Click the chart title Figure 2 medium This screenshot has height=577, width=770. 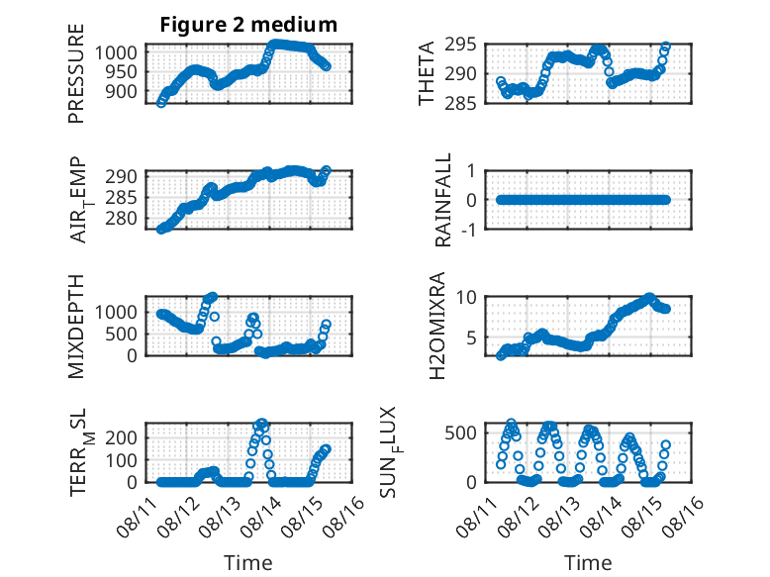[248, 24]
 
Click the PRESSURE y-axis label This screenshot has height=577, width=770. [76, 73]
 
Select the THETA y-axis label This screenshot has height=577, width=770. [427, 73]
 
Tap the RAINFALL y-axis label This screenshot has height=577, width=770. [443, 200]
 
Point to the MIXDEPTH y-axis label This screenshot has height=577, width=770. [76, 327]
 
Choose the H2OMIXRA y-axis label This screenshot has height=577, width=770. [437, 326]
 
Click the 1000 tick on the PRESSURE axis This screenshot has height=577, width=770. [116, 52]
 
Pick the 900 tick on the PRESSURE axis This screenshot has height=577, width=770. [121, 91]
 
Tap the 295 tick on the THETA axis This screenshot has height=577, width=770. [460, 45]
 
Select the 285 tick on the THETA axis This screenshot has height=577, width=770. [460, 103]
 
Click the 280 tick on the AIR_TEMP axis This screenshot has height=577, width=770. [121, 219]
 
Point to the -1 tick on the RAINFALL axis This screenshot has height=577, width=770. [468, 230]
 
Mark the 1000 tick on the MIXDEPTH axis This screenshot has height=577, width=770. [116, 312]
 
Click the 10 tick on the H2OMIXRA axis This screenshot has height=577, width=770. [466, 297]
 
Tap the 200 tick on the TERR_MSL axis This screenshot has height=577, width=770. [121, 437]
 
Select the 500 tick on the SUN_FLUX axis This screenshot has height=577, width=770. [460, 433]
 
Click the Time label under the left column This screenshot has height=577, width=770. [248, 563]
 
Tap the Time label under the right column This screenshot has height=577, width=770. [588, 563]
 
